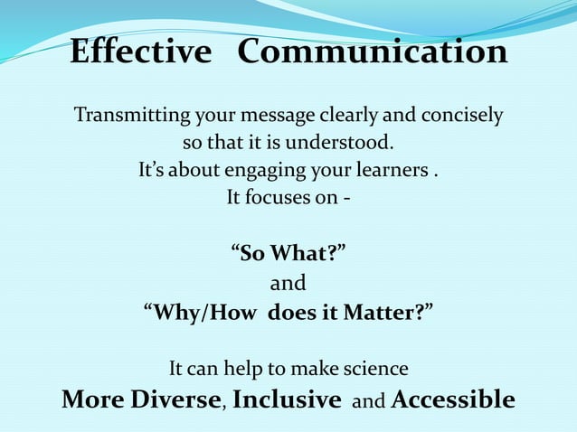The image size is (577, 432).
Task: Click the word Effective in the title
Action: click(x=139, y=52)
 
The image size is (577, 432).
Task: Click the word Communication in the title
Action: click(x=372, y=52)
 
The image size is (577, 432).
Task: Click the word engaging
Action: click(x=273, y=170)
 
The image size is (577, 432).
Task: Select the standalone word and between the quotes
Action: click(x=288, y=284)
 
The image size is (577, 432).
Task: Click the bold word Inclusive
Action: click(x=287, y=399)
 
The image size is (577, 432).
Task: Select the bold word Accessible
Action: click(x=453, y=399)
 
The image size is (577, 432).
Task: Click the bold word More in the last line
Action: click(x=85, y=399)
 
